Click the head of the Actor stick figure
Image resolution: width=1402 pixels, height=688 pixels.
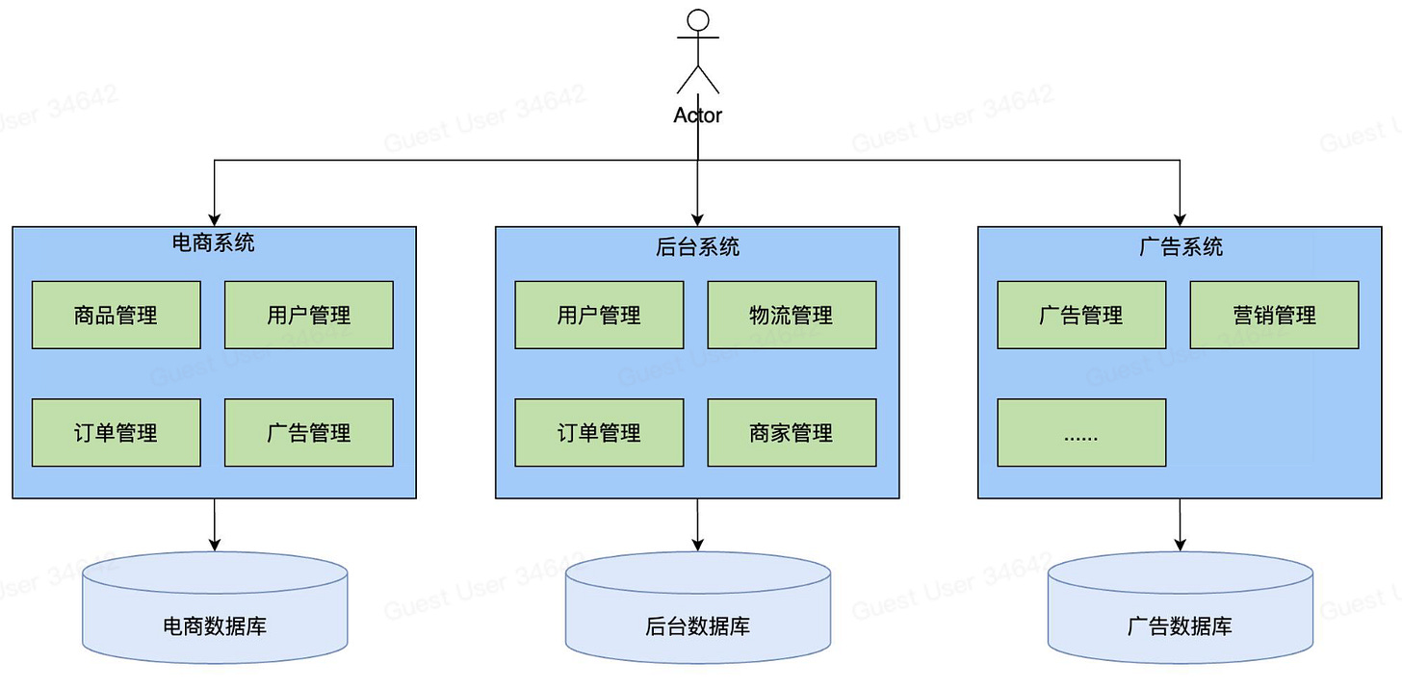tap(698, 21)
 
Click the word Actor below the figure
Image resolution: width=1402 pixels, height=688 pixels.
tap(698, 115)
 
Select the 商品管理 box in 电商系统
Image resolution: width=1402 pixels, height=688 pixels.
tap(117, 315)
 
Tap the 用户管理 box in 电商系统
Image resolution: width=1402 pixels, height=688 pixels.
tap(309, 315)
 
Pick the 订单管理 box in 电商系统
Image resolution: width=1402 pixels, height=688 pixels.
tap(117, 433)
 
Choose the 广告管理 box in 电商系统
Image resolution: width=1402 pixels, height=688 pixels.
tap(309, 433)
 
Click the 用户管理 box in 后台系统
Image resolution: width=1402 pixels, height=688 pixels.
tap(599, 315)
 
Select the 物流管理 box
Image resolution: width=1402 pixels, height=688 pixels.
tap(792, 315)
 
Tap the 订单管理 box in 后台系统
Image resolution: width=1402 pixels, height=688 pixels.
tap(599, 433)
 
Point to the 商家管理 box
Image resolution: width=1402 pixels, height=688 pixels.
tap(792, 433)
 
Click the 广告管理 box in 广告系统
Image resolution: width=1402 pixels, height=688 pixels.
tap(1081, 315)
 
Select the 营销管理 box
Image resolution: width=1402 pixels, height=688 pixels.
tap(1274, 315)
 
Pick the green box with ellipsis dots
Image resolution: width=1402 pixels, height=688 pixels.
tap(1081, 433)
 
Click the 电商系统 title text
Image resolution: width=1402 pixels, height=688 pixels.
tap(214, 242)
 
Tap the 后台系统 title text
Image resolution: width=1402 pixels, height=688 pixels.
tap(697, 246)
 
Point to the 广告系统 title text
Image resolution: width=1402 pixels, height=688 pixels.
tap(1181, 246)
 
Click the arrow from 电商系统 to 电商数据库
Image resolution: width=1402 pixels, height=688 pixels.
tap(215, 524)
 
